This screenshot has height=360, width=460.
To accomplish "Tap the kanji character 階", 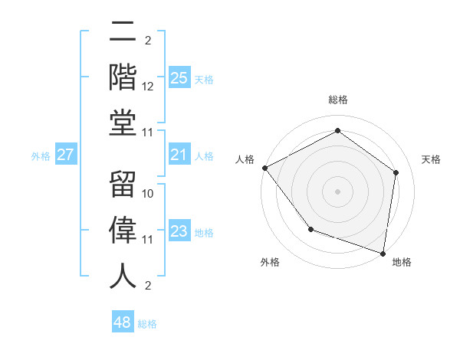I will [x=123, y=77].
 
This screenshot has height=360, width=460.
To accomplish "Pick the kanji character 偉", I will [x=123, y=230].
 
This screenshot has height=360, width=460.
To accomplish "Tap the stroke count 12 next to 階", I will [x=149, y=87].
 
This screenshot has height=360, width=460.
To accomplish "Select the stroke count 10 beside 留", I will [x=149, y=194].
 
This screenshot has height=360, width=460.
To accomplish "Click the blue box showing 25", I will [x=179, y=77].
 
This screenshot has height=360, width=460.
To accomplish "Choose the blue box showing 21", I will [x=179, y=155].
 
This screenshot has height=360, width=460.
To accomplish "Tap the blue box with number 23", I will [x=179, y=232].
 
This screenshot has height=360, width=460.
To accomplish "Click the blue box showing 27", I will [x=66, y=155].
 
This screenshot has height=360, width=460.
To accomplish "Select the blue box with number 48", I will [x=123, y=322].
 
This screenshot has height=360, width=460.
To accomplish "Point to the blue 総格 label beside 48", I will [x=147, y=324].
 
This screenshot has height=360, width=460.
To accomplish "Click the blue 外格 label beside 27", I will [x=41, y=156].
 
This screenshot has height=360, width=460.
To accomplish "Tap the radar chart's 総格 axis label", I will [x=337, y=100].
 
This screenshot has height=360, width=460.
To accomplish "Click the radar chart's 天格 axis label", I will [x=431, y=159].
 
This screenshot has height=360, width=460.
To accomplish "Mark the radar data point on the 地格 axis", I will [x=383, y=253].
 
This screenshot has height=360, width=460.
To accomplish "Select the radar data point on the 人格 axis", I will [x=264, y=167].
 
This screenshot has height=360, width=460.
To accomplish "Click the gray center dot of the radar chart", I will [x=337, y=191].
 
